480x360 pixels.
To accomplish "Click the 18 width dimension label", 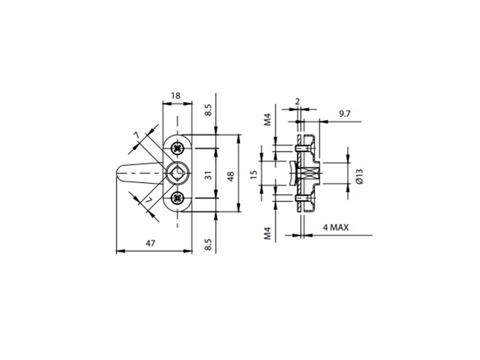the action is click(175, 96).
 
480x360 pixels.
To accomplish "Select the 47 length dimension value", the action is click(150, 243).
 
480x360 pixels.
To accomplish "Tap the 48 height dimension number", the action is click(230, 176).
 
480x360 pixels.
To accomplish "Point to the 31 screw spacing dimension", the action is click(208, 175).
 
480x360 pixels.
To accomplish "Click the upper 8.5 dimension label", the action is click(208, 110).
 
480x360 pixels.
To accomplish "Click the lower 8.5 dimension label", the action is click(208, 244).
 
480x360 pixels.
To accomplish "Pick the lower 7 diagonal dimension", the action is click(148, 200).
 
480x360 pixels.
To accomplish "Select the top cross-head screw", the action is click(178, 148).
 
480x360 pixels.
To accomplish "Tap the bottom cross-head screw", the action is click(178, 198).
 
